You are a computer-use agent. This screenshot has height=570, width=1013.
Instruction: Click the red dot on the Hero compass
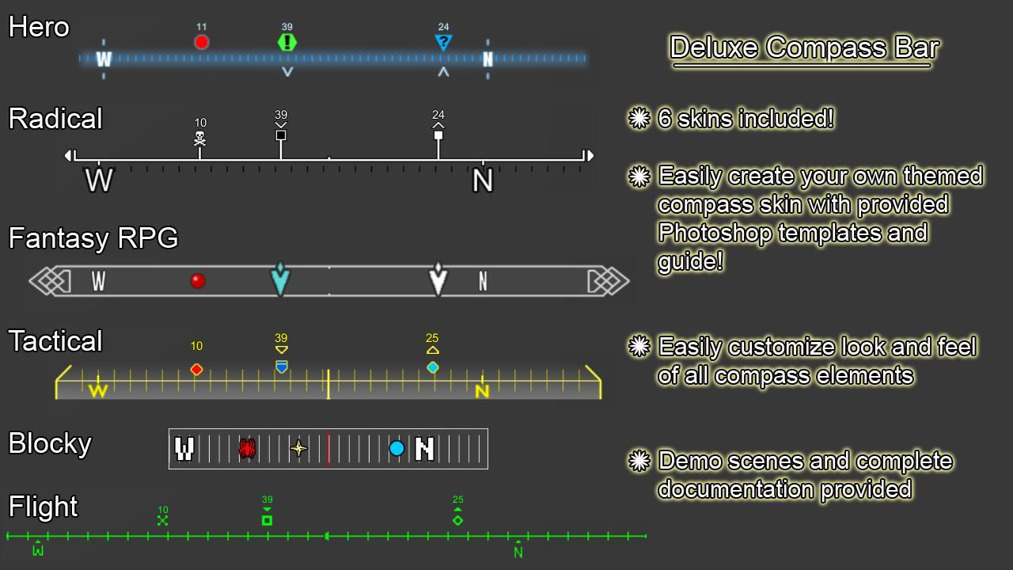tap(202, 42)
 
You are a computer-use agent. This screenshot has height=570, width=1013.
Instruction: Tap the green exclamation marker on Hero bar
tap(287, 42)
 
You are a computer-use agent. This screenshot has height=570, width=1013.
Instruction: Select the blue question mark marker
tap(443, 43)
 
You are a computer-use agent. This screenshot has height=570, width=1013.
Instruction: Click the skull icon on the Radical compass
tap(199, 139)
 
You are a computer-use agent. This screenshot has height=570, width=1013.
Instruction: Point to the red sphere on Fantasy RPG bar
tap(198, 280)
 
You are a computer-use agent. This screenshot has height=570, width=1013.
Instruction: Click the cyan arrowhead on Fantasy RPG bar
tap(280, 279)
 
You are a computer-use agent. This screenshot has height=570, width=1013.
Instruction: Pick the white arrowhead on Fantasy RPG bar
tap(438, 279)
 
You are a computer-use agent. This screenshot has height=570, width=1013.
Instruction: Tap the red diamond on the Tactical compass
tap(196, 369)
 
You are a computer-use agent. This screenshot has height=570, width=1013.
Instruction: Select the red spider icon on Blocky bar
tap(247, 449)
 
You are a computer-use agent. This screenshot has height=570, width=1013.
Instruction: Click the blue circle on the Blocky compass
tap(396, 449)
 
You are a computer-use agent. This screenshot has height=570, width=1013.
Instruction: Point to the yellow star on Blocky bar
tap(298, 449)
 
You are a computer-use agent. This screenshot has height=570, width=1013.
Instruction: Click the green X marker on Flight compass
tap(162, 520)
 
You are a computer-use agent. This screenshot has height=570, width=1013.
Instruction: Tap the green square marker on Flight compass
tap(267, 520)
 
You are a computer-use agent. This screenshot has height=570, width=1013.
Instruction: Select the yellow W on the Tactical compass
tap(98, 390)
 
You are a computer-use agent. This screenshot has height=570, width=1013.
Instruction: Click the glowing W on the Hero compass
tap(104, 59)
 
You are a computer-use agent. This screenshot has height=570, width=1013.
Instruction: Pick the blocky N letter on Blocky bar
tap(425, 449)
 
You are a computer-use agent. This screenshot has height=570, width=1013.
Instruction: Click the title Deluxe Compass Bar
tap(804, 47)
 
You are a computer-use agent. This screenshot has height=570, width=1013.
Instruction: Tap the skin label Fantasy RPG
tap(93, 238)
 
